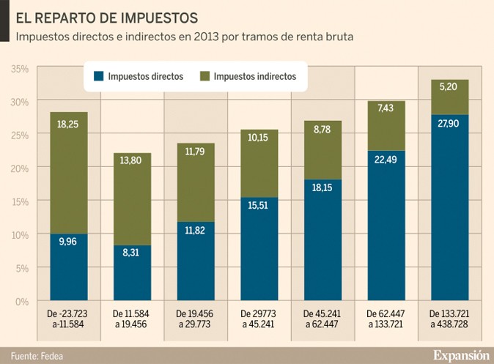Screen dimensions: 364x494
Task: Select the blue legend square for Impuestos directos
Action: [99, 76]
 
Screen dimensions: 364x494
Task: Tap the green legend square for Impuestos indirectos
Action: [204, 76]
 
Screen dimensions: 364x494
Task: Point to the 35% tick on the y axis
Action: [20, 68]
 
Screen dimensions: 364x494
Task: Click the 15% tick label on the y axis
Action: [20, 201]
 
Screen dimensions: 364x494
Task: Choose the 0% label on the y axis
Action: [22, 301]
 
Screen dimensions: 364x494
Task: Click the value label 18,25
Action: [68, 125]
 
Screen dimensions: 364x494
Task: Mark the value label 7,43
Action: [385, 108]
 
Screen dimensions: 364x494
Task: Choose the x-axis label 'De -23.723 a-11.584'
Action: [68, 319]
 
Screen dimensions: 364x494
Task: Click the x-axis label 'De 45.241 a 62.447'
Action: [322, 319]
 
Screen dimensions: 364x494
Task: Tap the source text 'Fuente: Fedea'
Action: [37, 354]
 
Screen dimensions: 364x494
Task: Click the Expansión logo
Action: [460, 354]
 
